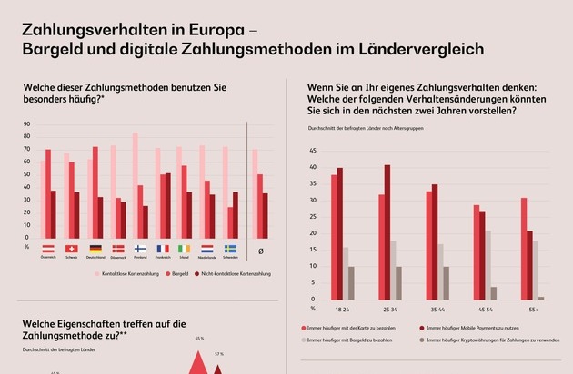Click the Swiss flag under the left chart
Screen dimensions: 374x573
72,248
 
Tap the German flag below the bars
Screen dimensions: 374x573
95,248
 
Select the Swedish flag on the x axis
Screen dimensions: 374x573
232,248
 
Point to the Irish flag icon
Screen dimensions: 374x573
186,248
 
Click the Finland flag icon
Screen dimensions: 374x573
141,248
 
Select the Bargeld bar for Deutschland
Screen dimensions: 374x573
95,192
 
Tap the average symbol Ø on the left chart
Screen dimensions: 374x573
262,250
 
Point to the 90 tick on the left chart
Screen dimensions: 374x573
27,124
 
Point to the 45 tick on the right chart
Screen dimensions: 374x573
313,151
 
